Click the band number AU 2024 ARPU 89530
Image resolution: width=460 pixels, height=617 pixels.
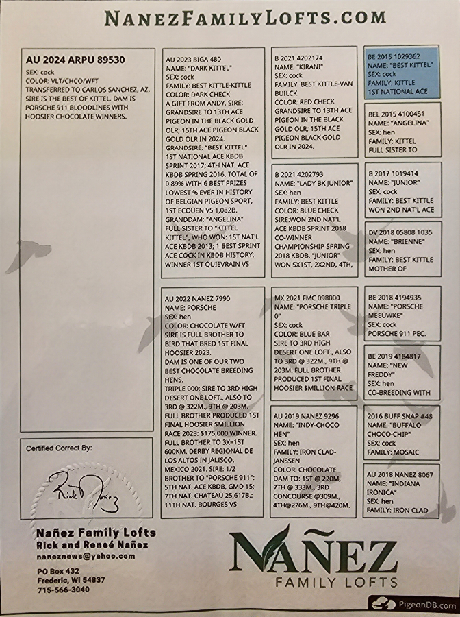(75, 60)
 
